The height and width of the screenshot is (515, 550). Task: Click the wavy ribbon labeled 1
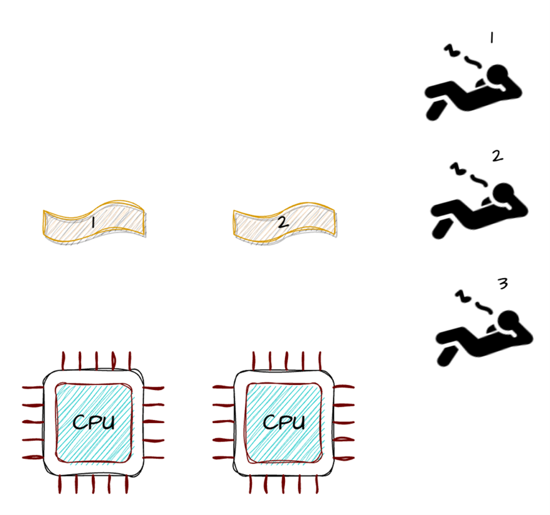tap(94, 220)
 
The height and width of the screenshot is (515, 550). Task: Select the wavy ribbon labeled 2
tap(284, 220)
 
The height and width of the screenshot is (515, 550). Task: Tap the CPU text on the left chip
tap(94, 422)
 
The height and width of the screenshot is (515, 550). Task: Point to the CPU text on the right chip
tap(284, 422)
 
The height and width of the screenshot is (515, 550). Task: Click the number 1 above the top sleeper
tap(491, 38)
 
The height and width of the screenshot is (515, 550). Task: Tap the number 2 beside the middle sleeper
tap(497, 156)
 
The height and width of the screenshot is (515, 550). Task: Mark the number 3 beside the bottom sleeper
tap(502, 284)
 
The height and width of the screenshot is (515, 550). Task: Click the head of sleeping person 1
tap(499, 75)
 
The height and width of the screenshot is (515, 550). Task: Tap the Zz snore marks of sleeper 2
tap(468, 175)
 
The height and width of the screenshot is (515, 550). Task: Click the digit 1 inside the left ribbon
tap(92, 222)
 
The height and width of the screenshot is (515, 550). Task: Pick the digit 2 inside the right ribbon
tap(283, 222)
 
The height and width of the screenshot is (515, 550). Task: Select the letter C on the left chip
tap(80, 422)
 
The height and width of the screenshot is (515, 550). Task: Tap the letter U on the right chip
tap(298, 422)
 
